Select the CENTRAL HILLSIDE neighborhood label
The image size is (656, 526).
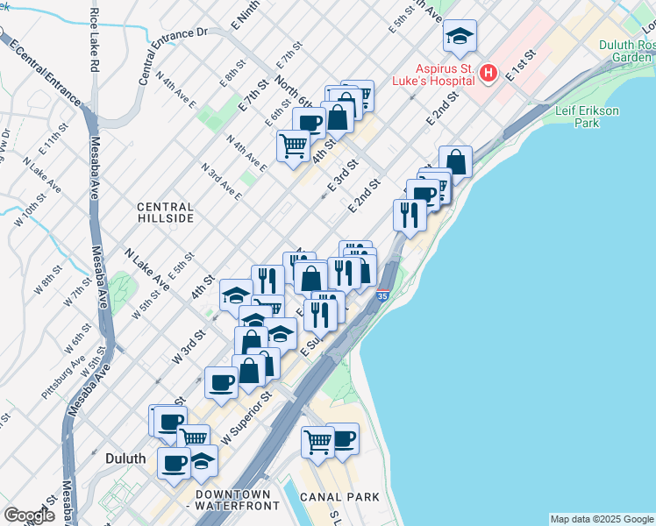point(165,212)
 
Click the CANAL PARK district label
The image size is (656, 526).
point(339,497)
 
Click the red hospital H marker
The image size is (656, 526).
point(489,75)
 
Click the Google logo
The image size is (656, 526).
point(29,515)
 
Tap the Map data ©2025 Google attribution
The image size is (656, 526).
point(602,519)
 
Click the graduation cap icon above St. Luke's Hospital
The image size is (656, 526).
point(460,36)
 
